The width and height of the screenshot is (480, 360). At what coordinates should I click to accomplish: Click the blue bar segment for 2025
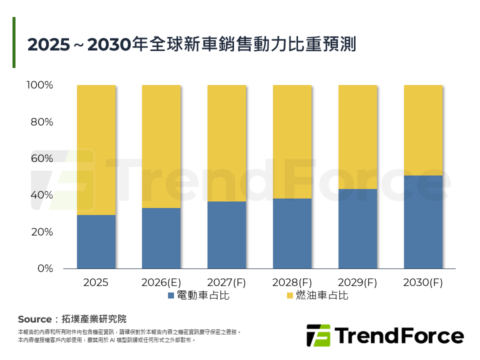coord(96,242)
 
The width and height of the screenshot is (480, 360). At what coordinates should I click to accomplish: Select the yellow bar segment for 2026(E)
coord(161,146)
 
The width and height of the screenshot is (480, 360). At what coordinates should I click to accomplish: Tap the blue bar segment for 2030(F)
coord(423,222)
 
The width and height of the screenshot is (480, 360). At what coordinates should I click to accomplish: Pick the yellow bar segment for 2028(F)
coord(292,142)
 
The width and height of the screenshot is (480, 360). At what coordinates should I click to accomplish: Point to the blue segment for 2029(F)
coord(357,229)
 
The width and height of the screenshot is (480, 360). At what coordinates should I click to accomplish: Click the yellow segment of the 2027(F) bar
coord(226,143)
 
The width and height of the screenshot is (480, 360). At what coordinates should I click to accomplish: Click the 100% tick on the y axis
coord(39,85)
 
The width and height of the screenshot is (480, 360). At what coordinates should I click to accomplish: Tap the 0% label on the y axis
coord(45,268)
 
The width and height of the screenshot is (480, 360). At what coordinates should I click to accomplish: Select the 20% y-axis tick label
coord(41,232)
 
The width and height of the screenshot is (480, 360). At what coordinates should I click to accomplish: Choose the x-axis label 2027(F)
coord(226,282)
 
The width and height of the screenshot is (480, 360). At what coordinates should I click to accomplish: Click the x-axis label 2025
coord(96,282)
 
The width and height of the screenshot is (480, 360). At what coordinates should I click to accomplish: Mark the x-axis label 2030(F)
coord(423,282)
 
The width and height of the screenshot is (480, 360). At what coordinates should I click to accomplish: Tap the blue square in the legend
coord(171,296)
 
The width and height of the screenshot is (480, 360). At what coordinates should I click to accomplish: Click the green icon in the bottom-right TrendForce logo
coord(318,335)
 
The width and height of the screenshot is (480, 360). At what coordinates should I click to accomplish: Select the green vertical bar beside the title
coord(14,42)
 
